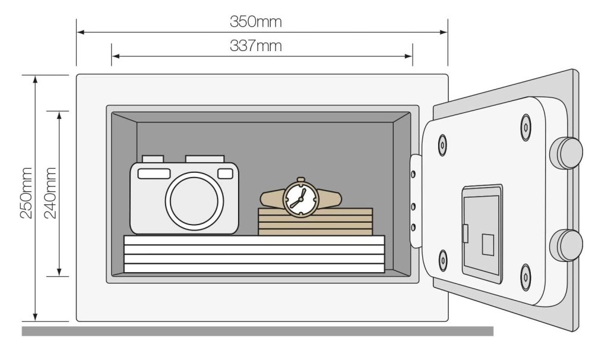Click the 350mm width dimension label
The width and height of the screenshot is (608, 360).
point(256,23)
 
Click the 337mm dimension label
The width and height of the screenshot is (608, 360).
point(256,46)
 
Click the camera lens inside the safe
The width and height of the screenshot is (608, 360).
point(195,201)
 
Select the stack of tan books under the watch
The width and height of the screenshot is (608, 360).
point(315,222)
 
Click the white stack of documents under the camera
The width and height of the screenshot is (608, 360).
point(254,254)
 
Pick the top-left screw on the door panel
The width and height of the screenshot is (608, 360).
point(442,144)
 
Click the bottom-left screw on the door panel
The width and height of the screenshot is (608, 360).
point(443,260)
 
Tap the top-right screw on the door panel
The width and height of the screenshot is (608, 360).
point(526,127)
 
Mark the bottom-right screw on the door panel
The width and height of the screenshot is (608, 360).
point(525,277)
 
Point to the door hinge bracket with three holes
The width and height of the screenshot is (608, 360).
point(415,201)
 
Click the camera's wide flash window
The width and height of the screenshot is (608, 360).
point(154,173)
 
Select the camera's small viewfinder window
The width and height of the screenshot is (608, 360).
point(225,173)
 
